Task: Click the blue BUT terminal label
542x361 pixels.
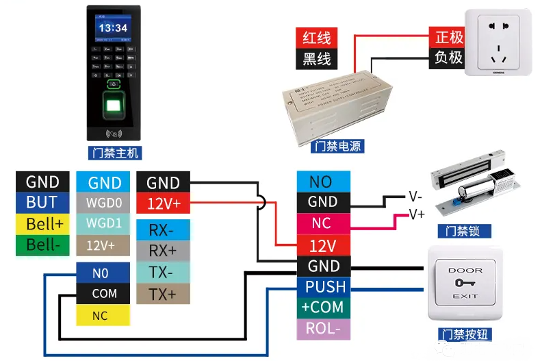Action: point(42,203)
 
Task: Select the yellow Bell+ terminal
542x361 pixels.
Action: point(42,224)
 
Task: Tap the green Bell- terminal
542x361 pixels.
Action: point(42,245)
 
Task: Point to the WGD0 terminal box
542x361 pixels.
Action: point(105,203)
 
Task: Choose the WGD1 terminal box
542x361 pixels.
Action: point(105,224)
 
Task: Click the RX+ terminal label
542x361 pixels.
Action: point(162,251)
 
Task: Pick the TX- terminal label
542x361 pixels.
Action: point(162,273)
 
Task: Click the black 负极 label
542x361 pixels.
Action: point(448,58)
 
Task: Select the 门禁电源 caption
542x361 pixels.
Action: point(337,147)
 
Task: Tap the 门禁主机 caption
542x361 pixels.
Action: point(114,152)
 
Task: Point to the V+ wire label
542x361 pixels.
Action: point(416,214)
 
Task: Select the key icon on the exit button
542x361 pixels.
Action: point(465,283)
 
